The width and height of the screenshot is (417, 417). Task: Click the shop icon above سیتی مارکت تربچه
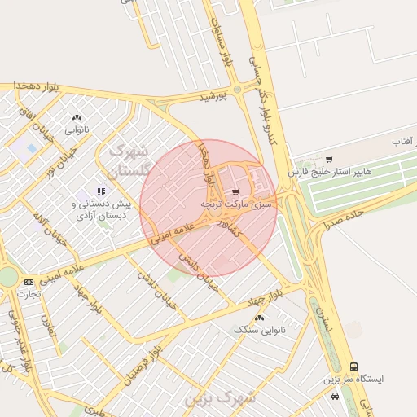(x=236, y=189)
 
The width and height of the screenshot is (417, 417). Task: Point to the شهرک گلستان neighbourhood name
(x=128, y=161)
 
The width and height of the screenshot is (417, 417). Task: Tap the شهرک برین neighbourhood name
(x=220, y=398)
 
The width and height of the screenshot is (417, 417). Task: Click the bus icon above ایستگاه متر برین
(x=353, y=367)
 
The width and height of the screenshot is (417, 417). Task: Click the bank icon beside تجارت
(x=29, y=281)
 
